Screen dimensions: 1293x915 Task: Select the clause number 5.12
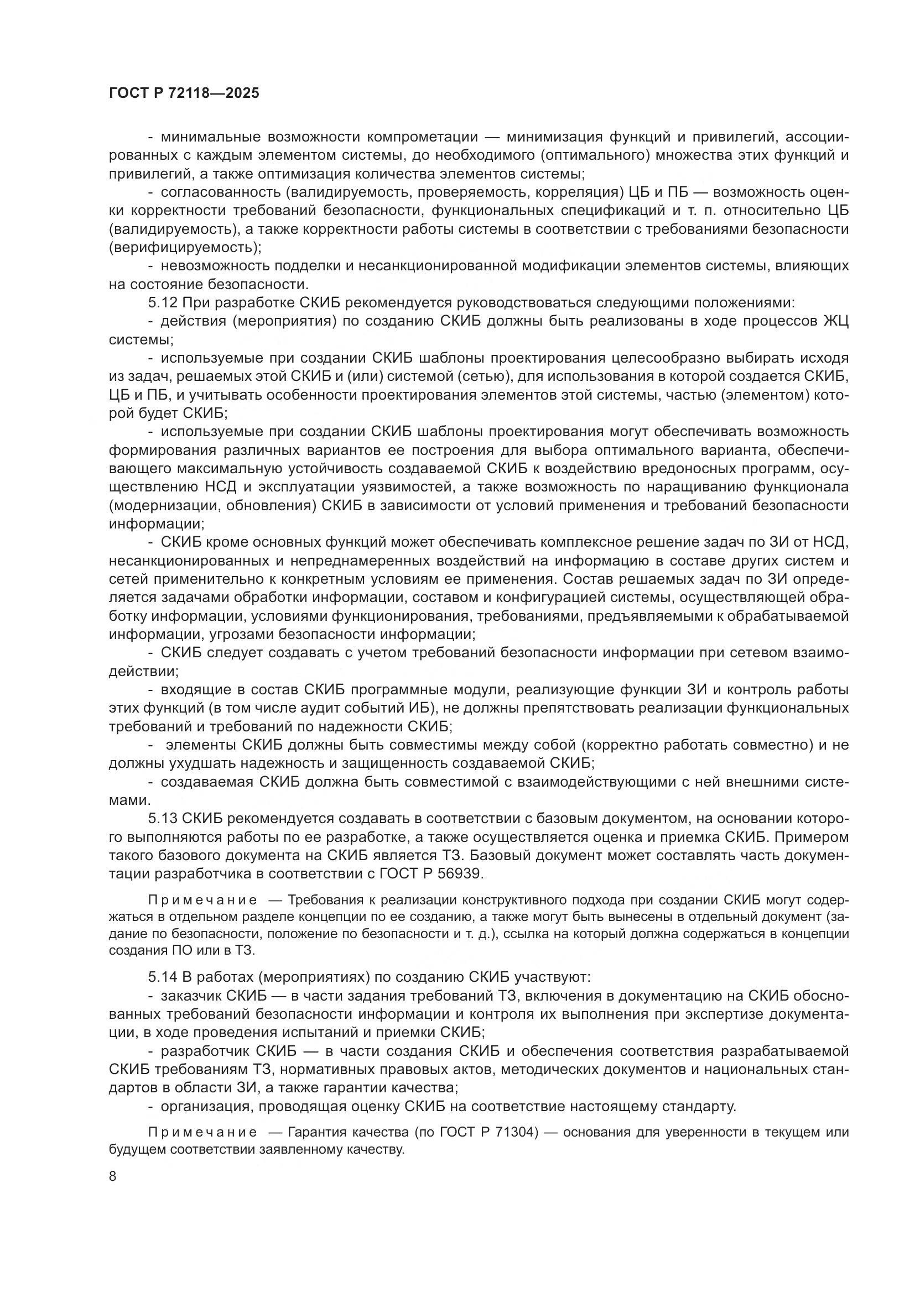click(163, 303)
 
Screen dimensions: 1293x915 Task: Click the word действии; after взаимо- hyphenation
click(144, 671)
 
